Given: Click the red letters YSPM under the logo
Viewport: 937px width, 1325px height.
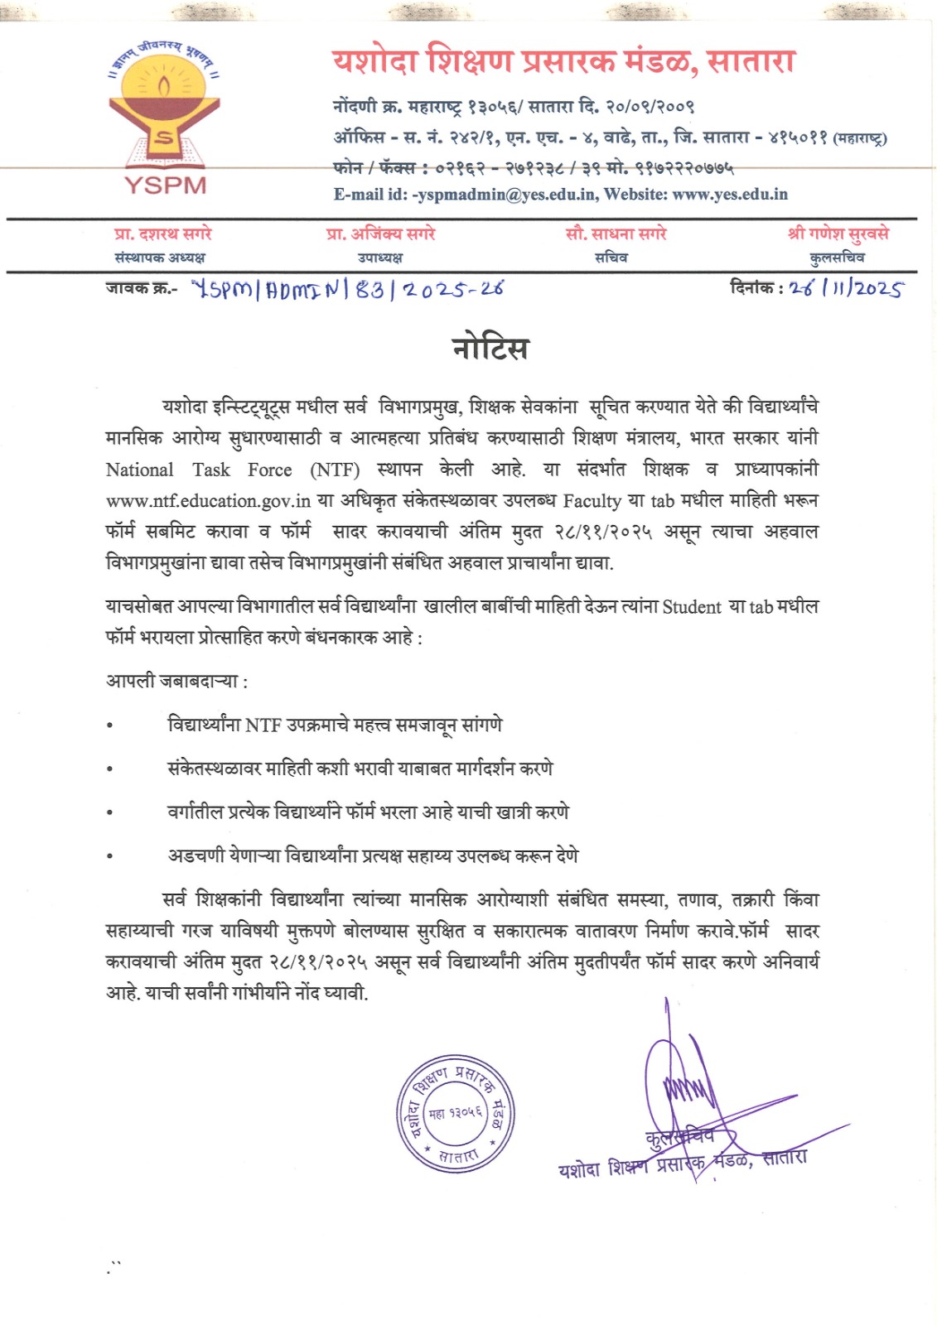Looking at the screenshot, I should pyautogui.click(x=165, y=184).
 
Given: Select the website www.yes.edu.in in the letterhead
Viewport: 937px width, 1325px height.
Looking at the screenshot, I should pyautogui.click(x=729, y=195).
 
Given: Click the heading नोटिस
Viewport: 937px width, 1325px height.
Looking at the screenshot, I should pyautogui.click(x=490, y=348).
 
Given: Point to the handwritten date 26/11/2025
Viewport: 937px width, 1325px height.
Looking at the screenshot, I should pyautogui.click(x=845, y=288).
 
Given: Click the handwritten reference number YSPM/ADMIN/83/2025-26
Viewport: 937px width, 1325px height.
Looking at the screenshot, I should pyautogui.click(x=347, y=289).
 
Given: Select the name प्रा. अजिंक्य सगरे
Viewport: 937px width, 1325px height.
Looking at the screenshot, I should pyautogui.click(x=380, y=234).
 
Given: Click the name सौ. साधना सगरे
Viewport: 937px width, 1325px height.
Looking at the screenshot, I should pyautogui.click(x=615, y=234).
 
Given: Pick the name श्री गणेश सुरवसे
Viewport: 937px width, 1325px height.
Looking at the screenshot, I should pyautogui.click(x=838, y=234).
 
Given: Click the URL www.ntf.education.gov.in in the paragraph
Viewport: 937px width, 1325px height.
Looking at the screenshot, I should pyautogui.click(x=208, y=501).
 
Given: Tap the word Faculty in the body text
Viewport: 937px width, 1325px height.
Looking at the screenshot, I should pyautogui.click(x=592, y=501).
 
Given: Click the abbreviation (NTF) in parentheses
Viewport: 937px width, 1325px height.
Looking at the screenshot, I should pyautogui.click(x=335, y=470).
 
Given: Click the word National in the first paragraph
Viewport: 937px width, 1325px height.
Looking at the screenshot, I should pyautogui.click(x=139, y=470).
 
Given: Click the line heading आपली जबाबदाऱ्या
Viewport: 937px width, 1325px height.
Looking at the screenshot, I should pyautogui.click(x=176, y=682).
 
